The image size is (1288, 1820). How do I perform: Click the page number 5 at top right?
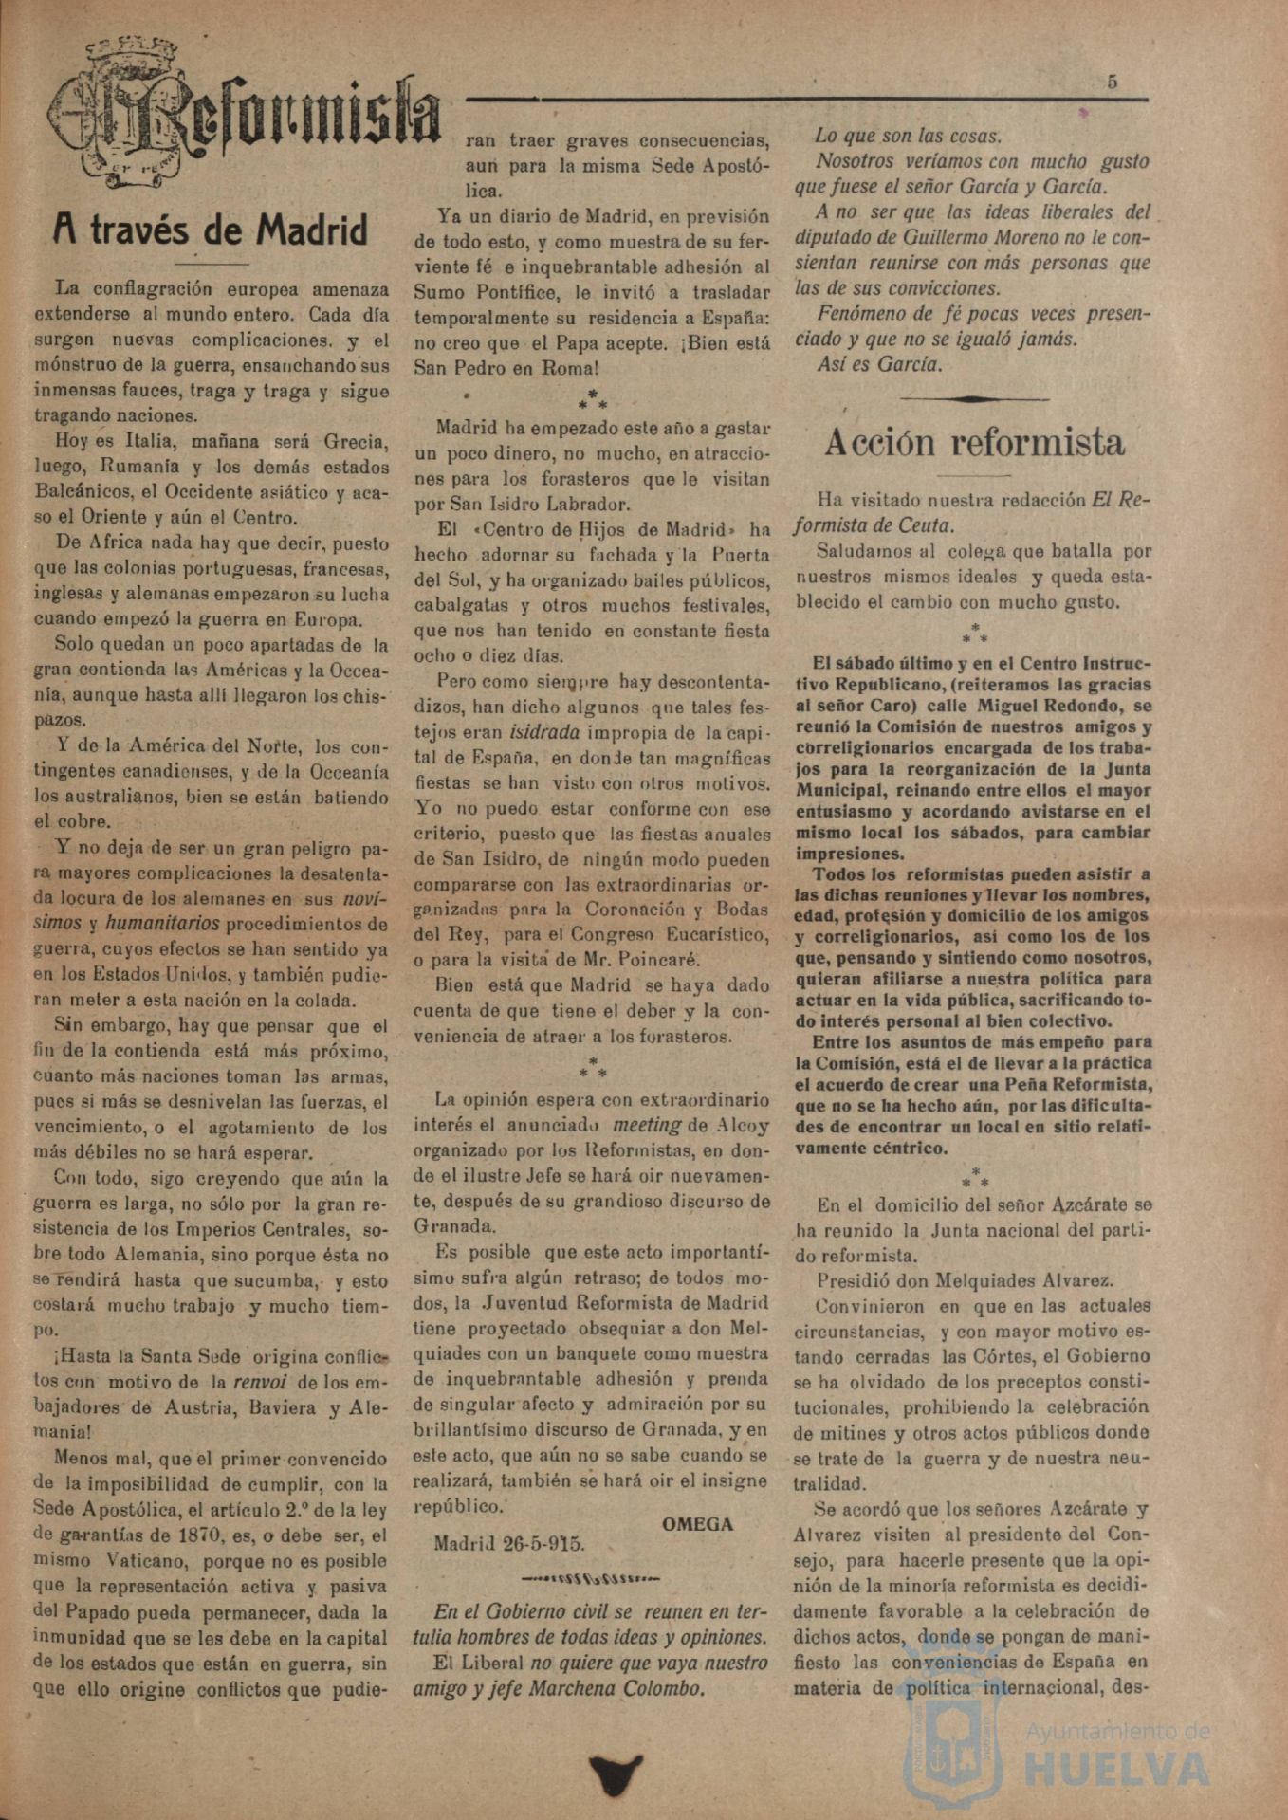coord(1112,82)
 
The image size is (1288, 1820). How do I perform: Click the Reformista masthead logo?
coord(245,114)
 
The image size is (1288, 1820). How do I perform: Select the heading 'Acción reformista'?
coord(974,442)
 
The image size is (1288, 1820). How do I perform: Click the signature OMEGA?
coord(697,1524)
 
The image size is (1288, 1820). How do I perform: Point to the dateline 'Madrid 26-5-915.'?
coord(509,1543)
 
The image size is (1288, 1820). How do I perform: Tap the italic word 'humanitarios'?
coord(161,924)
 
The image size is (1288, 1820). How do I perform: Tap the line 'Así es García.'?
coord(879,364)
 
